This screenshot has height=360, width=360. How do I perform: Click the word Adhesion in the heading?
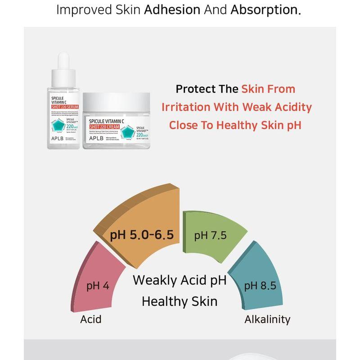(x=171, y=10)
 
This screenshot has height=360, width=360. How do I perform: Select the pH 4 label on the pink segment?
(x=98, y=285)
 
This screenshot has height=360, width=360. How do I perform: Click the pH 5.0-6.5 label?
(x=142, y=235)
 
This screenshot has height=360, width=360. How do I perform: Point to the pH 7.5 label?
(x=211, y=235)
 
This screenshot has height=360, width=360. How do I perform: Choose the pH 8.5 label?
(x=260, y=285)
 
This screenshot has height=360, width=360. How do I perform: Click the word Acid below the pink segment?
(x=91, y=319)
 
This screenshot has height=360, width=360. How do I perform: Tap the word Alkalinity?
(x=267, y=319)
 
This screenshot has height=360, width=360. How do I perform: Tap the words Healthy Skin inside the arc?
(x=180, y=301)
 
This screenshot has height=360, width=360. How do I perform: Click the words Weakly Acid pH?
(x=180, y=280)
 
